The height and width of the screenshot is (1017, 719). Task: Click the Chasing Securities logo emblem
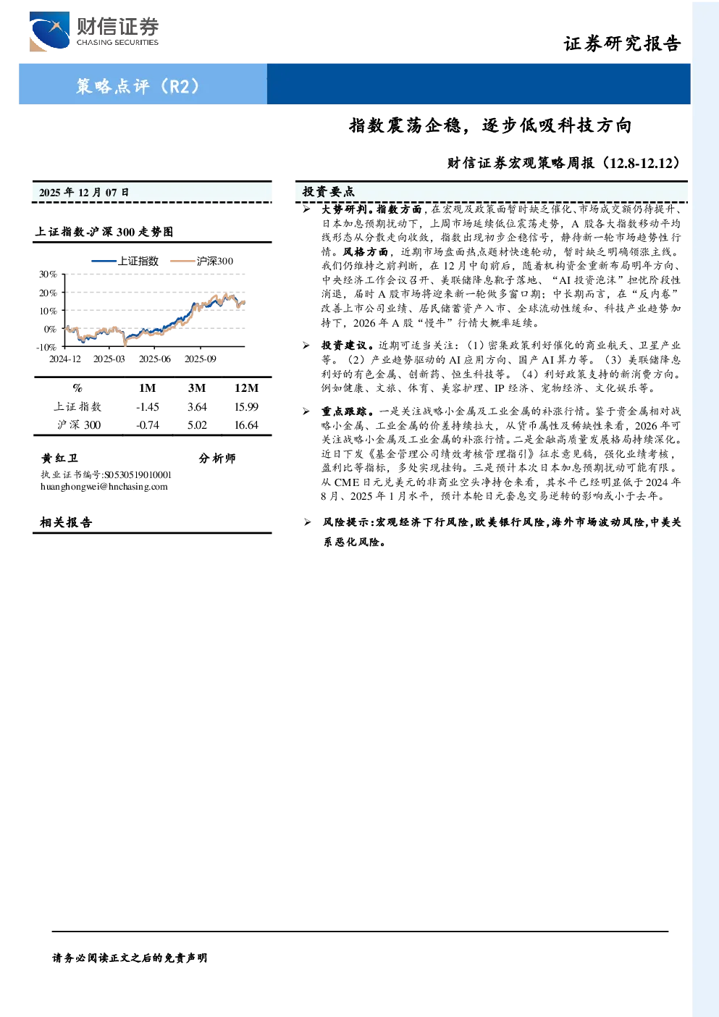49,31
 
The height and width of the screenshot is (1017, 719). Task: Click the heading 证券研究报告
622,43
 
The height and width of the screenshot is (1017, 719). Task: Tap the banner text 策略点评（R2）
138,85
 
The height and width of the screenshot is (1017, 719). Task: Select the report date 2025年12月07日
84,193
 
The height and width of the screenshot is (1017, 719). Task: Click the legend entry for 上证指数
125,261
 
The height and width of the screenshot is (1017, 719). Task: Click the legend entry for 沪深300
201,261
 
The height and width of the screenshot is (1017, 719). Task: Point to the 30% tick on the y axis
48,275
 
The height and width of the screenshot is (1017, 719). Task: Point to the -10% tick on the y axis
46,347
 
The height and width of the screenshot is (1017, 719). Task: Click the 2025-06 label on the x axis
155,359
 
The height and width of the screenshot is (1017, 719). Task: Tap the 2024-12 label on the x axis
65,359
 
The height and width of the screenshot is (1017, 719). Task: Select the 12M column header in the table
246,388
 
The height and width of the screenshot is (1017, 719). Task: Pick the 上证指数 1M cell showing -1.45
148,407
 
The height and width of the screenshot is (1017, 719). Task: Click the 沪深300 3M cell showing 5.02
197,425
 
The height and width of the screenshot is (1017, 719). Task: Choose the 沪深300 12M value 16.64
246,425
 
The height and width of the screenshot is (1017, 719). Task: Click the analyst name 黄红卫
59,458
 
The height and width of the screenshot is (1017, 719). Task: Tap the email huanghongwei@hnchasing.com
104,487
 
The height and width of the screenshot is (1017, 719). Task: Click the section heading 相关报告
66,522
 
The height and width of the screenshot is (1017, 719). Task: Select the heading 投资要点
329,192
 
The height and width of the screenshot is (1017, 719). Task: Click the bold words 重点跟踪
344,411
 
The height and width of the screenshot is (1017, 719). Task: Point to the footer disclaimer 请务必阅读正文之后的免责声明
130,958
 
